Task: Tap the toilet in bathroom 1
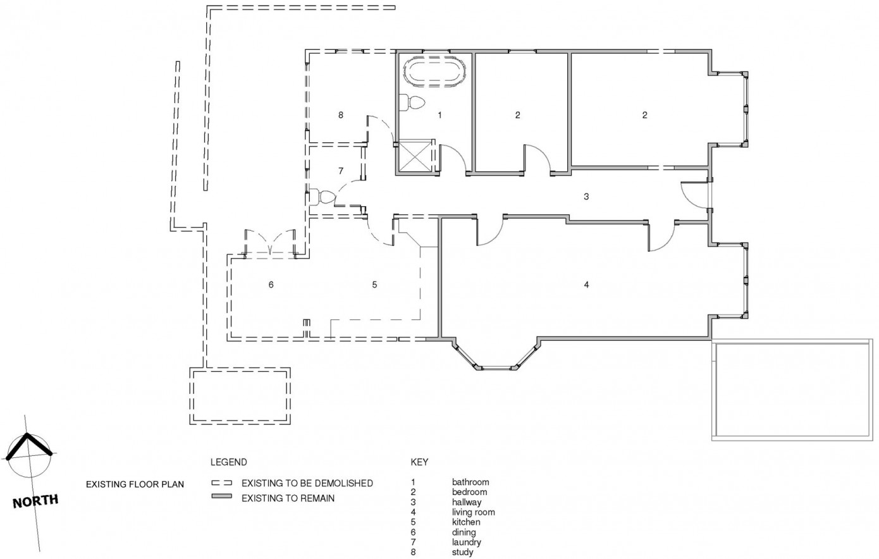pos(412,102)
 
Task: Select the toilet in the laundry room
pos(322,197)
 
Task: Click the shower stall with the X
pos(415,156)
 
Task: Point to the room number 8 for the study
pos(341,115)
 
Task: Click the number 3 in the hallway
pos(586,197)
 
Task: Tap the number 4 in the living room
pos(586,285)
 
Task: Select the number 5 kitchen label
pos(374,285)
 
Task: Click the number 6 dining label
pos(271,285)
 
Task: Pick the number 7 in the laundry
pos(341,171)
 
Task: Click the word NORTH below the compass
pos(35,501)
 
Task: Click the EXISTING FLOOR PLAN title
pos(135,484)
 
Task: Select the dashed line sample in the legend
pos(221,483)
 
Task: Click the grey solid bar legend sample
pos(221,496)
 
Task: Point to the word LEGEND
pos(229,462)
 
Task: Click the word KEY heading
pos(419,462)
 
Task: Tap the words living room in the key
pos(473,512)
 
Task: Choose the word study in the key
pos(462,552)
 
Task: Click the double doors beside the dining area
pos(270,243)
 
